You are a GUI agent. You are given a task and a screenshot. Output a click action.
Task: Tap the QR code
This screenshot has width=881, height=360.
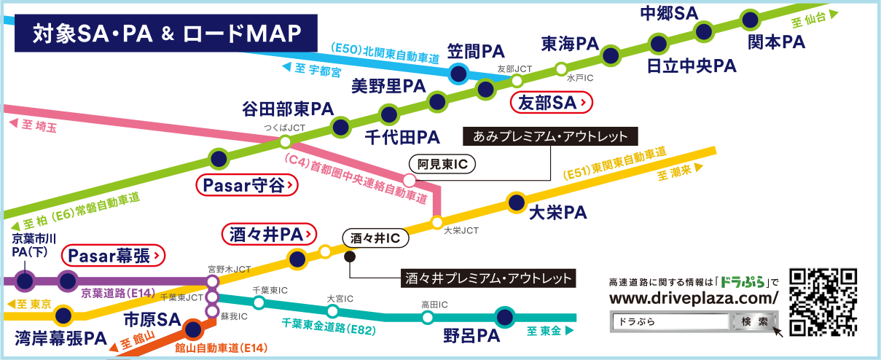pos(823,302)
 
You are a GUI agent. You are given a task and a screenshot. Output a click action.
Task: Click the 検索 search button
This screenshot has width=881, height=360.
pos(753,321)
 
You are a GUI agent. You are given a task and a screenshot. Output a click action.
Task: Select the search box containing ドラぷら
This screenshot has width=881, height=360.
pos(670,321)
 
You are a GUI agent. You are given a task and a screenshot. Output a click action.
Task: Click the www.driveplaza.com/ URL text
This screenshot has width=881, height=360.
pos(693,298)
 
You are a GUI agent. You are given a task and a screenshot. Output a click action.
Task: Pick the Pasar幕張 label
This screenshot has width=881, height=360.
pos(113,255)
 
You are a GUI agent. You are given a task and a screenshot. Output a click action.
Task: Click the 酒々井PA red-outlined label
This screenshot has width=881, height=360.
pos(267,234)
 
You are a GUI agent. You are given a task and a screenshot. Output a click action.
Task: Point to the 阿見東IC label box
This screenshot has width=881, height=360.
pos(442,165)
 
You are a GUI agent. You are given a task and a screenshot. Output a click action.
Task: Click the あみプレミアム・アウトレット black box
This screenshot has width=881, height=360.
pos(550,136)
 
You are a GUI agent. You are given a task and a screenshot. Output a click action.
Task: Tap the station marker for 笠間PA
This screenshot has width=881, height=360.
pos(458,73)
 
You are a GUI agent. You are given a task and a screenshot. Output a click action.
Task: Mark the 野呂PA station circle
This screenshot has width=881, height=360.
pos(504,317)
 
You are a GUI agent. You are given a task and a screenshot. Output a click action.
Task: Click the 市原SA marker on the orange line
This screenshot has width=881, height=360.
pos(192,329)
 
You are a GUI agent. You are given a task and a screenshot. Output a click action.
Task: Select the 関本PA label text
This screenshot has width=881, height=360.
pos(776,42)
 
